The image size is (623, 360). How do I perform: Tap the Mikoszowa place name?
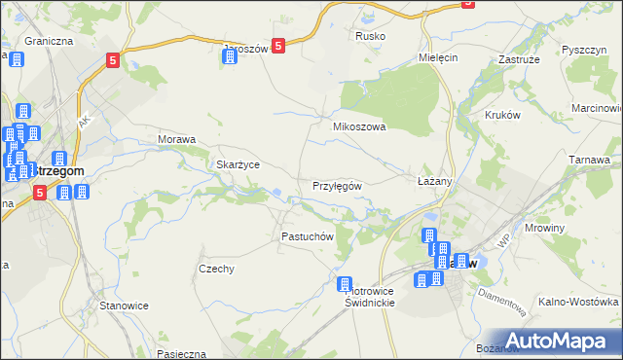pyautogui.click(x=360, y=126)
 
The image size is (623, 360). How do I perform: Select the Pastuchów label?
pyautogui.click(x=308, y=236)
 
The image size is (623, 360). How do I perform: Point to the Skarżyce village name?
pyautogui.click(x=238, y=164)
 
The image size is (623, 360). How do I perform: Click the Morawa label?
pyautogui.click(x=177, y=139)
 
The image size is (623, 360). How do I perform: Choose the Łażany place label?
pyautogui.click(x=435, y=182)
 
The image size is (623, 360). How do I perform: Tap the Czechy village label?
pyautogui.click(x=216, y=270)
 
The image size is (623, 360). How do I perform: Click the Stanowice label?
pyautogui.click(x=124, y=306)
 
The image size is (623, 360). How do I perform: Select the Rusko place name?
pyautogui.click(x=370, y=36)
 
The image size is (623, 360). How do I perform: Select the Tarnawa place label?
pyautogui.click(x=590, y=158)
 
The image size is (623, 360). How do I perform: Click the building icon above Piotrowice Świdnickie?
pyautogui.click(x=345, y=284)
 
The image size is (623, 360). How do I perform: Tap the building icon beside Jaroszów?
pyautogui.click(x=230, y=55)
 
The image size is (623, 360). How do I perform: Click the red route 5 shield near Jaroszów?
pyautogui.click(x=278, y=45)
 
